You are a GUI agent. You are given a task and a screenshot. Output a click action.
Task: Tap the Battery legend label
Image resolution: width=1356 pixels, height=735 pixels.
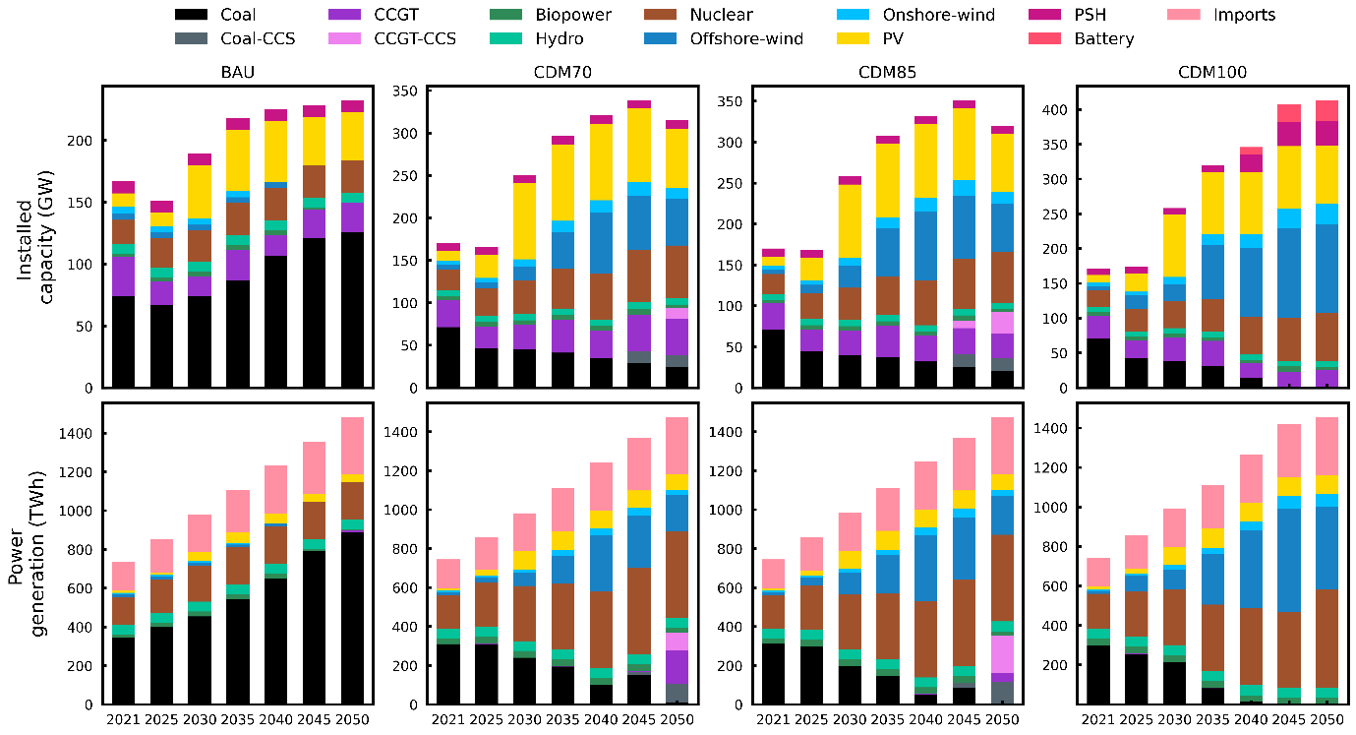1103,39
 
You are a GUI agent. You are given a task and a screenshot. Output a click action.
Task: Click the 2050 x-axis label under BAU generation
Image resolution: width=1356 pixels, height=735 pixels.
352,719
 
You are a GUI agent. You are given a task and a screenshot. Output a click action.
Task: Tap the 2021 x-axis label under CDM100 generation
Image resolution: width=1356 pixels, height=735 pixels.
1106,719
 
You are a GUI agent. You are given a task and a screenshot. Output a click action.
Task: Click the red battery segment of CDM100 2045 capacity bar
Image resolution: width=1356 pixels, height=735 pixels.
1289,113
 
